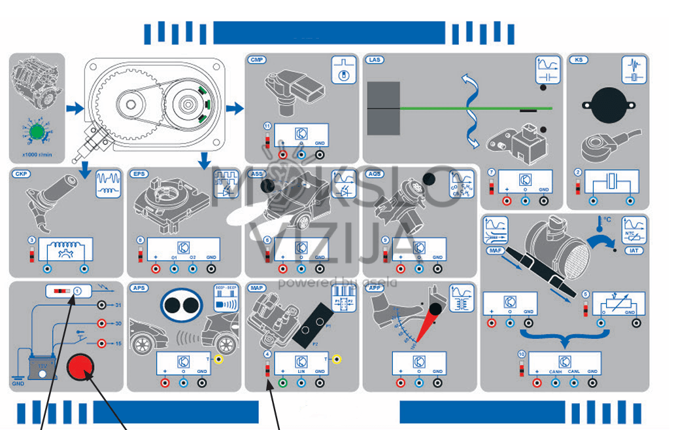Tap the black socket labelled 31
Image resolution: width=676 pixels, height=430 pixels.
pos(101,305)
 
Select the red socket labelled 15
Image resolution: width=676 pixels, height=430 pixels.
pos(101,343)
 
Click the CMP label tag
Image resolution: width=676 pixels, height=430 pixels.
pos(256,60)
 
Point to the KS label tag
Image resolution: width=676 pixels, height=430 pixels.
pos(578,60)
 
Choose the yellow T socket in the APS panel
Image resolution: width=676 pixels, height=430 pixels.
pos(218,359)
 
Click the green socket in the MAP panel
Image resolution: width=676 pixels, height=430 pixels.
pos(282,383)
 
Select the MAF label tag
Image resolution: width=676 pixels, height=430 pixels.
pos(494,249)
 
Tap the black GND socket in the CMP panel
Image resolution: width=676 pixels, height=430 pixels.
pos(320,154)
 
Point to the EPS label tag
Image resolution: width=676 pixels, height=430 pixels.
pos(139,174)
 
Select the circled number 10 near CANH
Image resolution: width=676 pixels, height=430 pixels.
pos(521,354)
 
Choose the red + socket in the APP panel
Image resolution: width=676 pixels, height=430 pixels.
pos(401,383)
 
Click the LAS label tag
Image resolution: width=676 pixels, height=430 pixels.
pos(375,60)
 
